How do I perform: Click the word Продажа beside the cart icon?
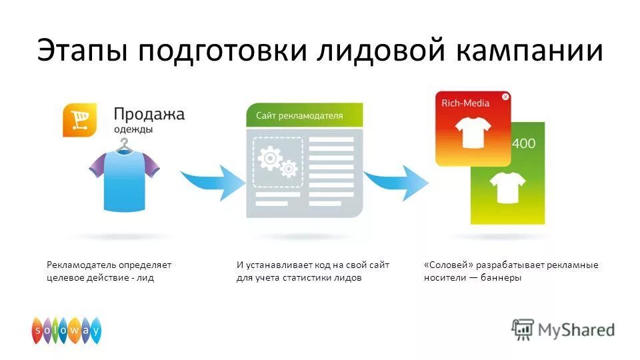[149, 115]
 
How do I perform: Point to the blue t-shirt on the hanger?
[125, 179]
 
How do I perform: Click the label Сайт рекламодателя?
[299, 115]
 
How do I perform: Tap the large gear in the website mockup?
[269, 158]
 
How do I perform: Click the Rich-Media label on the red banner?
[465, 103]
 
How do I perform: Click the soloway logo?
[67, 330]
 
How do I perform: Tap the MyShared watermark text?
[577, 329]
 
